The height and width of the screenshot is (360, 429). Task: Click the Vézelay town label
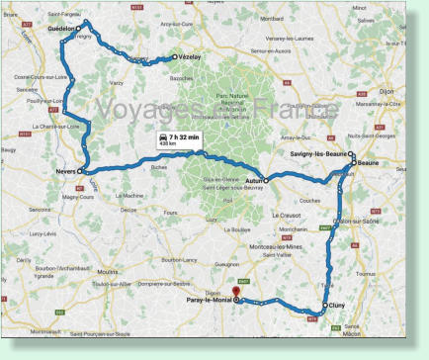(190, 56)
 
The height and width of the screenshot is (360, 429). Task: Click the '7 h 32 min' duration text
(185, 136)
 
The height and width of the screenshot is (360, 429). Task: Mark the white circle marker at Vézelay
(174, 56)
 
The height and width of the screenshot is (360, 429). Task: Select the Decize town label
(129, 210)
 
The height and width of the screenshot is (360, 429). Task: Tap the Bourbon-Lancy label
(180, 260)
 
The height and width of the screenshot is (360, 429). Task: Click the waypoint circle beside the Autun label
(266, 180)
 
